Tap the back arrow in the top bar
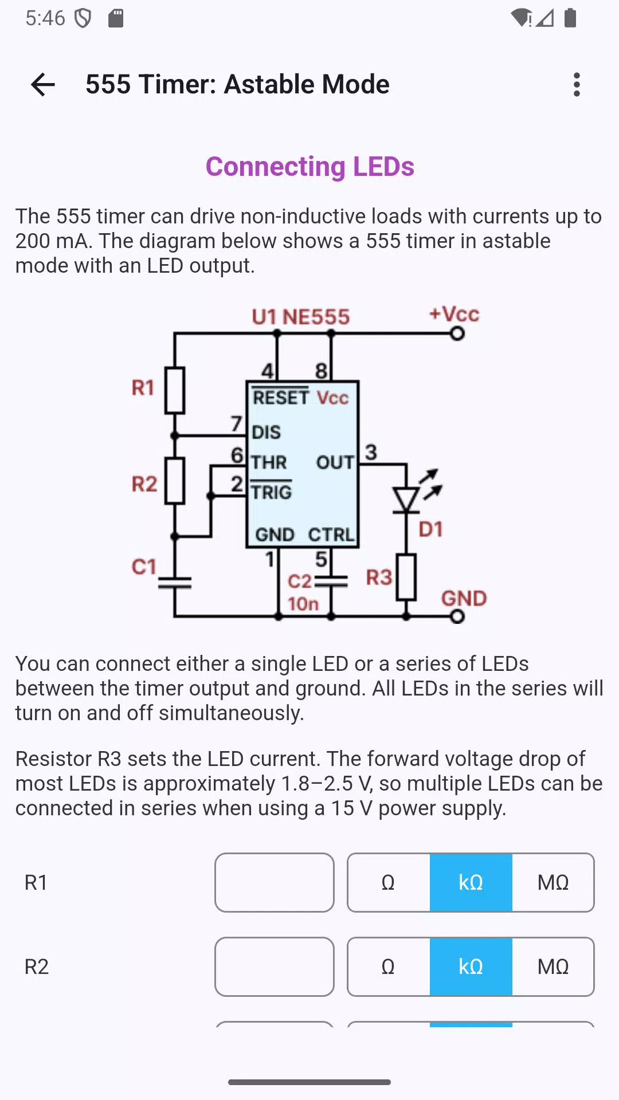43,85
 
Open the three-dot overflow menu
577,85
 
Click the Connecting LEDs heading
309,167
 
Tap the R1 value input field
275,882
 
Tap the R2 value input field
275,967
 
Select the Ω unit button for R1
389,882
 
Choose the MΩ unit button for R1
553,882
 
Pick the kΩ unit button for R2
471,967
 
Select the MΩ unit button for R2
553,967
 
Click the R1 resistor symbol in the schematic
175,390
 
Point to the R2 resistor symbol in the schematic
175,481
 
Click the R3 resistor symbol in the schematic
406,577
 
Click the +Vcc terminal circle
457,333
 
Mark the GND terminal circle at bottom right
457,616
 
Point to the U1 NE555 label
301,317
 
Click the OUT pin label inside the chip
335,462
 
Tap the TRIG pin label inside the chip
271,492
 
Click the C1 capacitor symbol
175,583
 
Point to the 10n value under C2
303,604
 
